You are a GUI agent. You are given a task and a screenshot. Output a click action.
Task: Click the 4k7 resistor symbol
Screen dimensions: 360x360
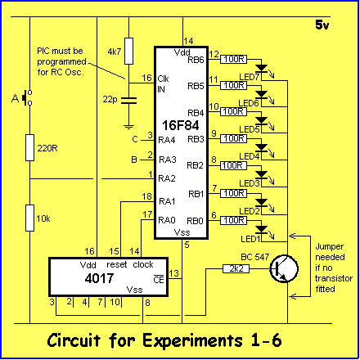coord(128,51)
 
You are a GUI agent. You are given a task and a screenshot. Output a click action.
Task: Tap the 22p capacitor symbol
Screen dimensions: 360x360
coord(128,101)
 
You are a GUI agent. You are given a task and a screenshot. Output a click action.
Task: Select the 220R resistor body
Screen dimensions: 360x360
coord(30,147)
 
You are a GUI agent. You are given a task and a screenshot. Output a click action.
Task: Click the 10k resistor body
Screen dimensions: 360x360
coord(30,218)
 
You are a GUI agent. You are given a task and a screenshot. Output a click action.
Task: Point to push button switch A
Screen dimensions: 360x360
coord(27,97)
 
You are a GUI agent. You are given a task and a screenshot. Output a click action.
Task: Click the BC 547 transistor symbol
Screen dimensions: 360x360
coord(284,269)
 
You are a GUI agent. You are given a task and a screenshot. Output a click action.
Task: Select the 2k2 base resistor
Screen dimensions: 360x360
coord(236,269)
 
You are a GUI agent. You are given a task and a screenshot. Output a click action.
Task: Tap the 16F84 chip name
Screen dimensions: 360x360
coord(181,125)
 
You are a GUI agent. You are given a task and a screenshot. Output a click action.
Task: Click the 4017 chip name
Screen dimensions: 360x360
coord(99,278)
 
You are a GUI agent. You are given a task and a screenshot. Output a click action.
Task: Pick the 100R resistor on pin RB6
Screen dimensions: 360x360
coord(233,59)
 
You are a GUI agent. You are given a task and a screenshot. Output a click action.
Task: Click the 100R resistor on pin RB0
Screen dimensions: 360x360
coord(233,220)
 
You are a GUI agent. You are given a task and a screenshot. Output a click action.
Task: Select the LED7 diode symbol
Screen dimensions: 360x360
coord(262,68)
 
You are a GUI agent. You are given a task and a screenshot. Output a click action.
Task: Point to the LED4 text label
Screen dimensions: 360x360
coord(250,157)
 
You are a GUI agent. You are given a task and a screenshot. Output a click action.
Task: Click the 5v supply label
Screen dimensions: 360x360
coord(322,25)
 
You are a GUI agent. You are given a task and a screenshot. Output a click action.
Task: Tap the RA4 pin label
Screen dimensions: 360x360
coord(167,140)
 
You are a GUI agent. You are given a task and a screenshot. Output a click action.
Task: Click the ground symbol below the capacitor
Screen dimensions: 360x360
coord(128,127)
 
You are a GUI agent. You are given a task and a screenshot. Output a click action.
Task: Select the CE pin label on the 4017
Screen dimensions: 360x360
coord(159,280)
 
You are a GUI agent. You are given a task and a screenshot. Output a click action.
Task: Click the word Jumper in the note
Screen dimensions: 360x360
coord(330,247)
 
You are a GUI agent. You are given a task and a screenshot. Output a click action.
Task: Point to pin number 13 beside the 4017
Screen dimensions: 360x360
coord(173,273)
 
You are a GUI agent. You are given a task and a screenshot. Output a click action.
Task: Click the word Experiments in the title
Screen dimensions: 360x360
coord(192,341)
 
